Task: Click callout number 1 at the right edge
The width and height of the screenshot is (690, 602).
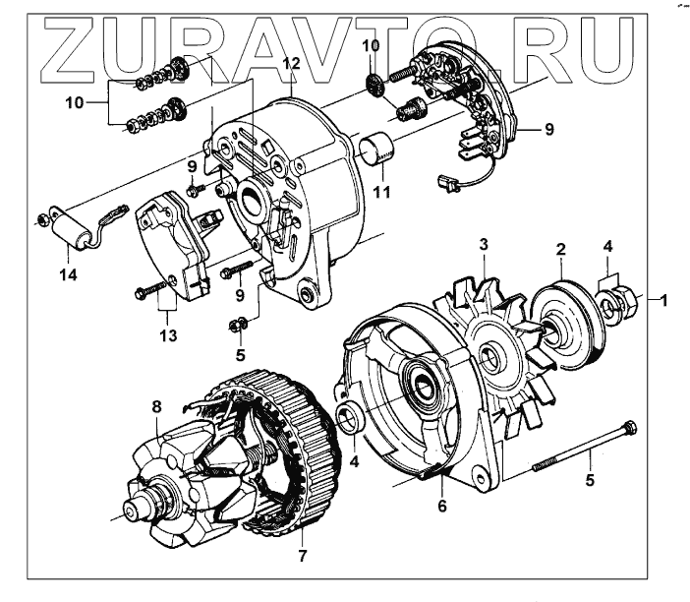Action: click(664, 300)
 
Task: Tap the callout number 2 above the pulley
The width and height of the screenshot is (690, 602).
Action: click(560, 250)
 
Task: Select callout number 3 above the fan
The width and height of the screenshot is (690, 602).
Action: click(484, 243)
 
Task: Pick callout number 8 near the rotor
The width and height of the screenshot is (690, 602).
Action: click(155, 407)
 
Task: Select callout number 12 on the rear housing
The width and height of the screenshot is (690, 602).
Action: click(290, 64)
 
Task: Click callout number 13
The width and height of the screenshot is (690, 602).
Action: click(169, 336)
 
